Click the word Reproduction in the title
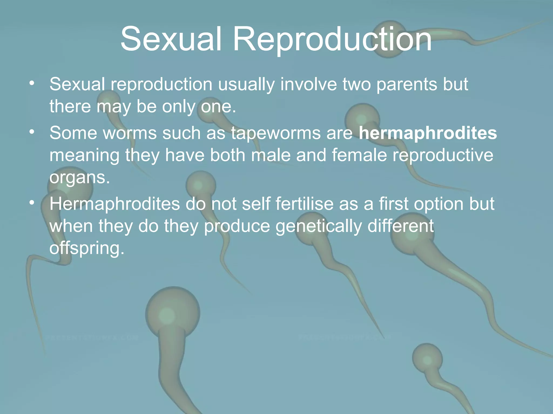pyautogui.click(x=332, y=39)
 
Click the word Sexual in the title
pyautogui.click(x=171, y=39)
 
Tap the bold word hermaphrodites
pyautogui.click(x=428, y=133)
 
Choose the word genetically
pyautogui.click(x=318, y=226)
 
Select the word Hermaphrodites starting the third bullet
pyautogui.click(x=114, y=204)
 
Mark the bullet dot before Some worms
pyautogui.click(x=32, y=132)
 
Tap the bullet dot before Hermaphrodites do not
pyautogui.click(x=32, y=202)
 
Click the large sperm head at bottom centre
pyautogui.click(x=173, y=314)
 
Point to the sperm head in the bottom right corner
pyautogui.click(x=427, y=358)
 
